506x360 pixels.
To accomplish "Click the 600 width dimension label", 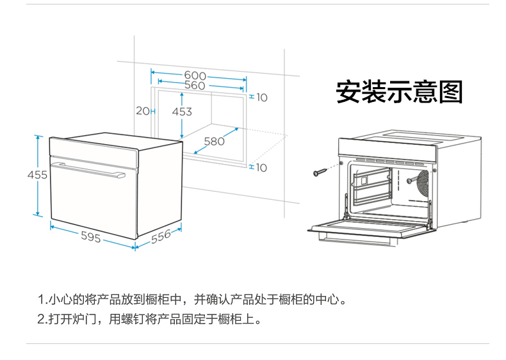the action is [195, 76].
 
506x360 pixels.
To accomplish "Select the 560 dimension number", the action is [195, 86].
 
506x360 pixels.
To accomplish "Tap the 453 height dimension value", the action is [182, 111].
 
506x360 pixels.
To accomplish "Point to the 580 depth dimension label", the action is [215, 141].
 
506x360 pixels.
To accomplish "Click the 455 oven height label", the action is [37, 175].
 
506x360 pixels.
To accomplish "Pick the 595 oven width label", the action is [91, 236].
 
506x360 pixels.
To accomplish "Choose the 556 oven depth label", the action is [161, 236].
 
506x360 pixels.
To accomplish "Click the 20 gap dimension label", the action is [143, 111].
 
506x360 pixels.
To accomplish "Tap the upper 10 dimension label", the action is [262, 97].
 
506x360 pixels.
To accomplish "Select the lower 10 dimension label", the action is [261, 168].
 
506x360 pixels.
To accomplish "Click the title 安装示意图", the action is [400, 92].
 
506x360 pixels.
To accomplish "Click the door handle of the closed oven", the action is [88, 170].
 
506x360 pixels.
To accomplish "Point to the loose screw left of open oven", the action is [320, 172].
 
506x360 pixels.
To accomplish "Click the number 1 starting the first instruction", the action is [41, 299].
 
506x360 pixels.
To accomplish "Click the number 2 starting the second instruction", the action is [41, 319].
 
